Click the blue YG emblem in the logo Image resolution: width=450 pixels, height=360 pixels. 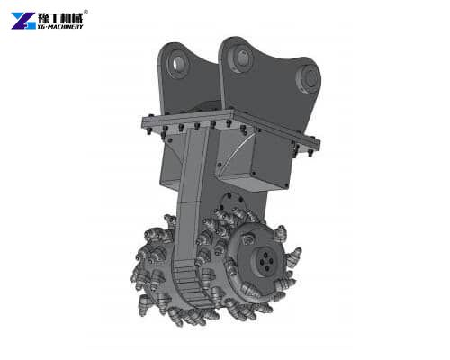pos(23,20)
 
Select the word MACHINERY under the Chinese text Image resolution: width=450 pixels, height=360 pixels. pos(66,27)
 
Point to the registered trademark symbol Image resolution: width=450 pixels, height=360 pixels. pos(85,11)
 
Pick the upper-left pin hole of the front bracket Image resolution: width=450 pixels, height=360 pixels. pos(241,58)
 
